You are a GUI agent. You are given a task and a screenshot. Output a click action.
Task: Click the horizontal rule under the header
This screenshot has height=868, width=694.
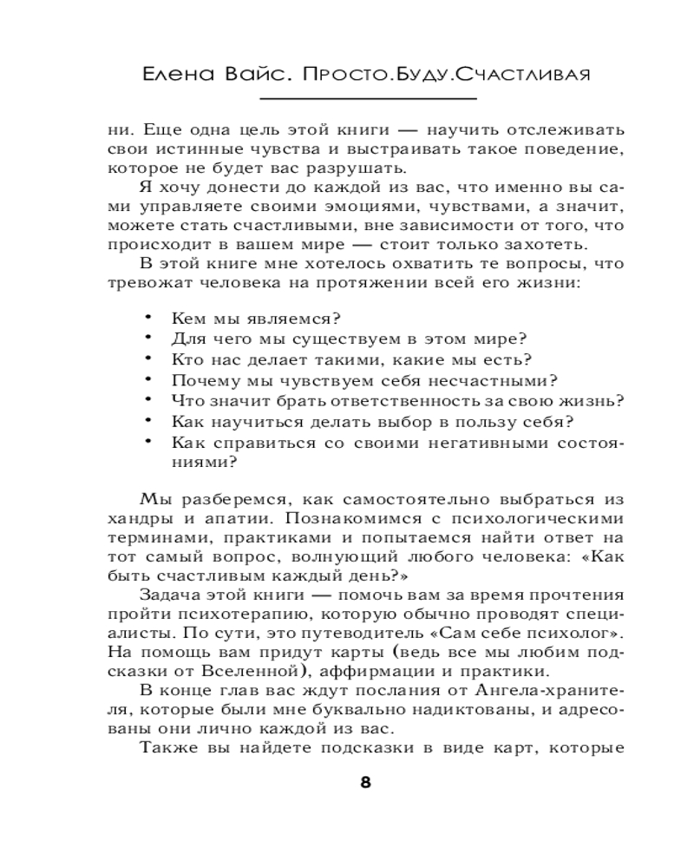click(x=347, y=98)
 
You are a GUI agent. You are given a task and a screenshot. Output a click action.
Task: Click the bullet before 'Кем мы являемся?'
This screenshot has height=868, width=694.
click(x=148, y=317)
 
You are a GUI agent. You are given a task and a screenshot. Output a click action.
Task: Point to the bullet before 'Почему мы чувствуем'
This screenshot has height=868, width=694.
click(x=148, y=378)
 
